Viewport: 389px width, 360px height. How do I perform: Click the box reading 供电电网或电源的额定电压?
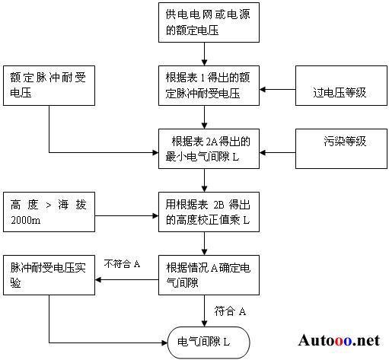(x=209, y=22)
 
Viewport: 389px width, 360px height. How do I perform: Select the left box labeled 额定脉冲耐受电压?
(x=49, y=85)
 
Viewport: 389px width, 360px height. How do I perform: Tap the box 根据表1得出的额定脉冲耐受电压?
(x=209, y=85)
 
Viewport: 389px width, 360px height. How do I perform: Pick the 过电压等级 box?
(x=341, y=85)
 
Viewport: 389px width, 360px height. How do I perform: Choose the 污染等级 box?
(x=341, y=148)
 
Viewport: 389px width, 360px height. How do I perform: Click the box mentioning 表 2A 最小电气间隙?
(x=209, y=148)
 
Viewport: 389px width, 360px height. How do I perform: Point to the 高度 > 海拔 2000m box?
(x=49, y=212)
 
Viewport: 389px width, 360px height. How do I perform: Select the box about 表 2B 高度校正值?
(x=209, y=212)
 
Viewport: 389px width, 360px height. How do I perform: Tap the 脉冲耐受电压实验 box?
(x=49, y=275)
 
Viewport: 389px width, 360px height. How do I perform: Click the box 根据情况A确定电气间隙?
(x=209, y=275)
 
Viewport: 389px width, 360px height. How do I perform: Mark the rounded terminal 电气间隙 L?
(x=209, y=342)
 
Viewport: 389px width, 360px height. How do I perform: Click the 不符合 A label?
(x=122, y=264)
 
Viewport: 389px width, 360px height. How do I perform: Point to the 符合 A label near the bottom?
(x=230, y=311)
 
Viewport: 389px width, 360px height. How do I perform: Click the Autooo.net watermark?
(x=339, y=340)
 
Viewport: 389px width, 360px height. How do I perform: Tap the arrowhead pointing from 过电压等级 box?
(x=263, y=89)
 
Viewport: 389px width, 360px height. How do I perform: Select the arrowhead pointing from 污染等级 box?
(x=263, y=152)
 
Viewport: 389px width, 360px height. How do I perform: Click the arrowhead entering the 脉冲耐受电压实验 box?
(x=98, y=280)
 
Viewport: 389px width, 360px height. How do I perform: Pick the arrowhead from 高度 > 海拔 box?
(x=155, y=216)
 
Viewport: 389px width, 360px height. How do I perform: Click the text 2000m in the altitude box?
(x=26, y=220)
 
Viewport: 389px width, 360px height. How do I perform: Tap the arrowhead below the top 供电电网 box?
(x=204, y=62)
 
